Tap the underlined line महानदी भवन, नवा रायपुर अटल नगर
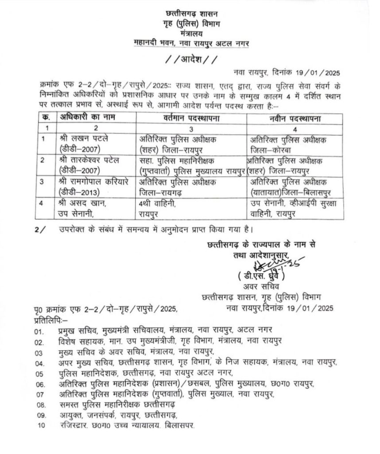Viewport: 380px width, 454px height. tap(192, 43)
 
